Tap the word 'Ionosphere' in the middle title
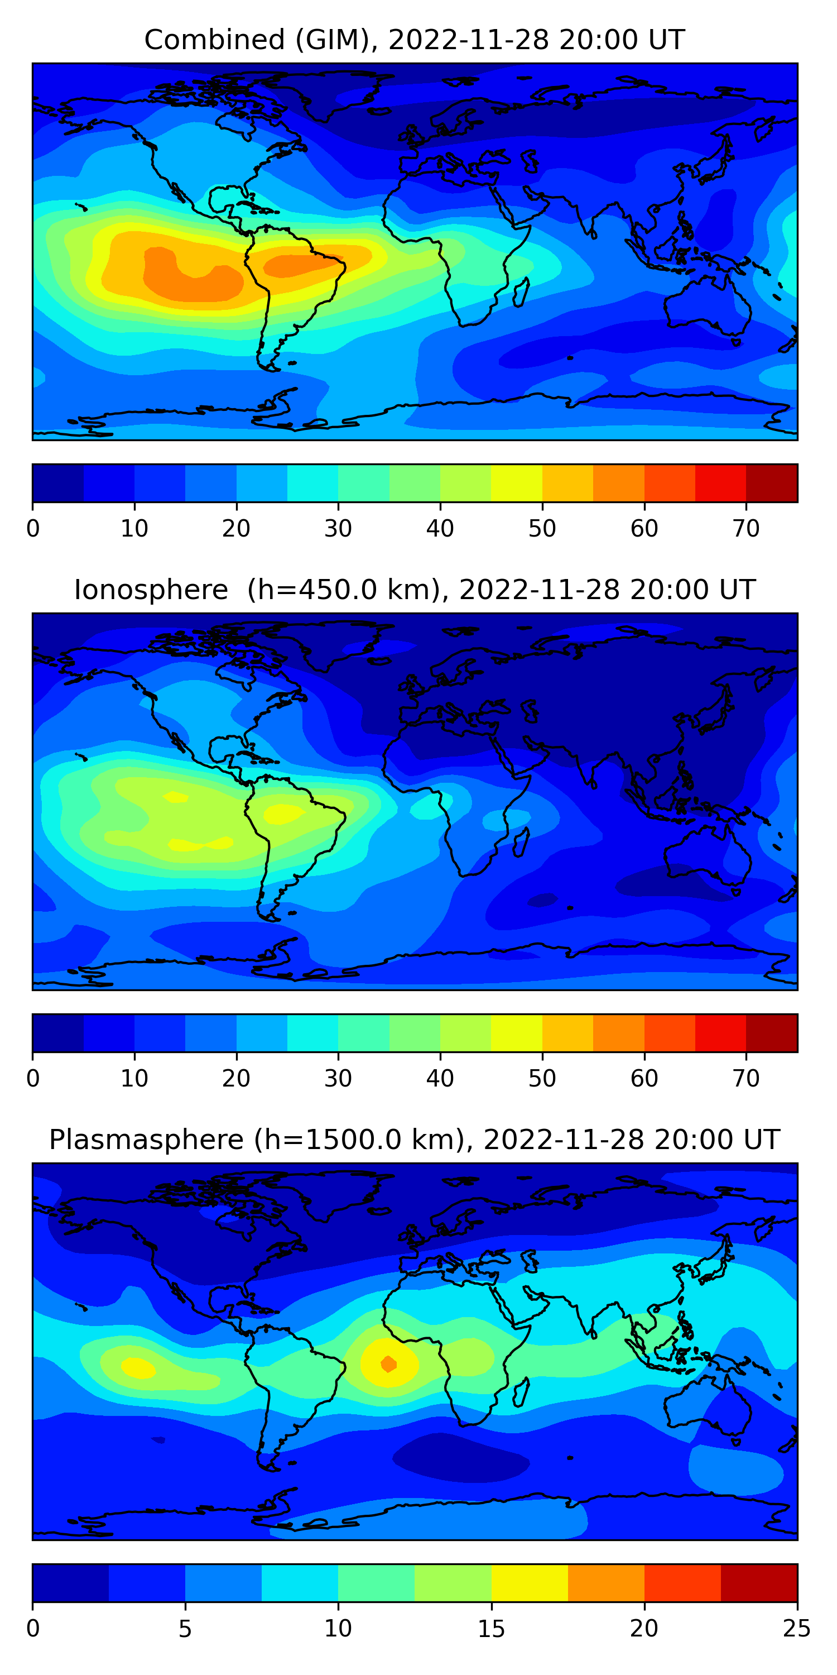[x=151, y=590]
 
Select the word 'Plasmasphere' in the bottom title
[x=146, y=1140]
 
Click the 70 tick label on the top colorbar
[x=745, y=529]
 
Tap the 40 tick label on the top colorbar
[x=440, y=529]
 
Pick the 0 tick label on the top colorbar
[x=33, y=529]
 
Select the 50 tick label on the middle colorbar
[x=542, y=1079]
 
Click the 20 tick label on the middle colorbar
[x=236, y=1079]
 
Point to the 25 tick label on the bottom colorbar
[x=796, y=1629]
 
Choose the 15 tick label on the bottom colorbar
[x=491, y=1629]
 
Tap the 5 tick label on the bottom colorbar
[x=185, y=1629]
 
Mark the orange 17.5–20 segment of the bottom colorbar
[x=605, y=1583]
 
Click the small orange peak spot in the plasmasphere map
[x=388, y=1363]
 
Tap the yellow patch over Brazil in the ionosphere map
[x=283, y=813]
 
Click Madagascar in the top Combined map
[x=521, y=293]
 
